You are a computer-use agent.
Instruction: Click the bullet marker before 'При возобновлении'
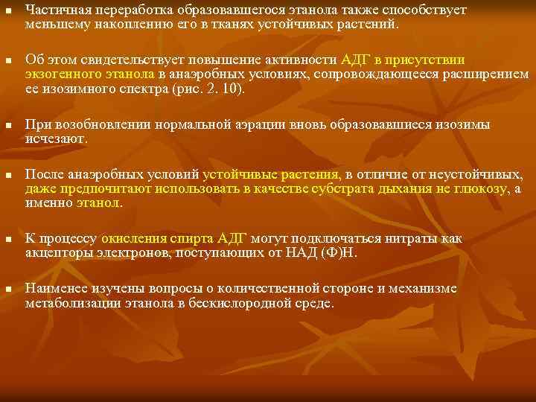[7, 126]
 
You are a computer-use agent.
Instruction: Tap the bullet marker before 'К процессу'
[7, 240]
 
